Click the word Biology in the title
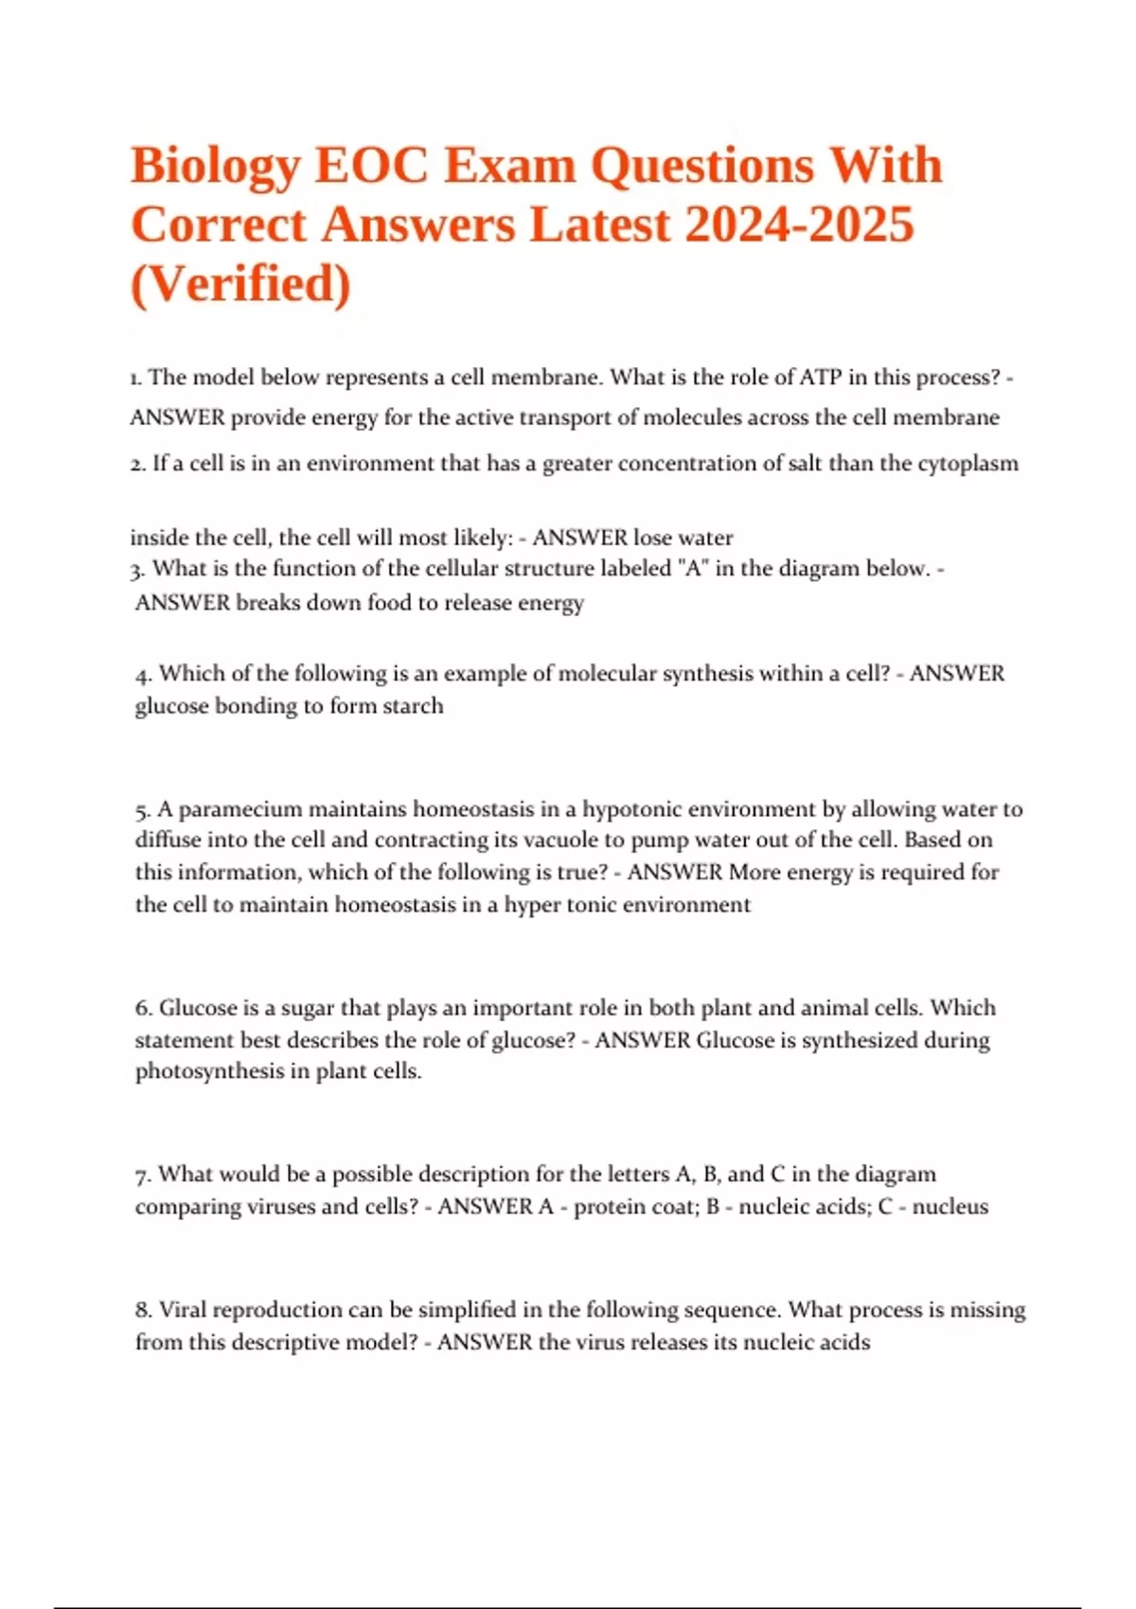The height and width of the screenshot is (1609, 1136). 215,167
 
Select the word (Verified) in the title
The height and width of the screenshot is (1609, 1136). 240,284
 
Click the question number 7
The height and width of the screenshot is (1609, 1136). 143,1176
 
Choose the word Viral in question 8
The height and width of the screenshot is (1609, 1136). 182,1310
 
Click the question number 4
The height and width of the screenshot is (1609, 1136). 143,675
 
